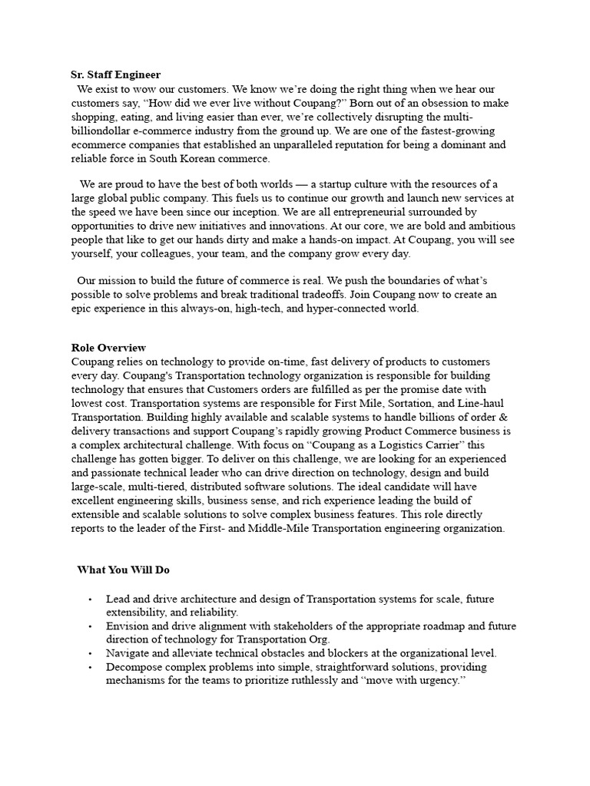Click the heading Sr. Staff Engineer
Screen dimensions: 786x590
[116, 74]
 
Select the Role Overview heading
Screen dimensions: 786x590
[108, 348]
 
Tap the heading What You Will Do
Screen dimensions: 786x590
[123, 570]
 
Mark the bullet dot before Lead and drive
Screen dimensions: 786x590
[90, 599]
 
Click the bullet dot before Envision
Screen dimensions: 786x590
[90, 626]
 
